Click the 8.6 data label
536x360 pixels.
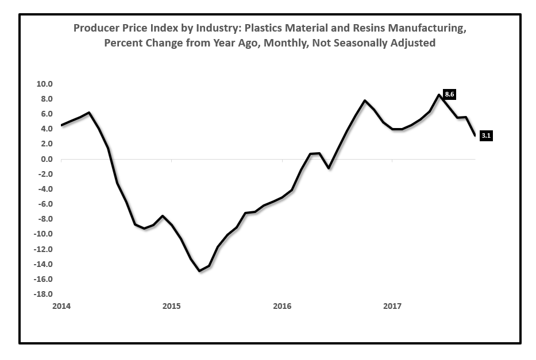[x=450, y=94]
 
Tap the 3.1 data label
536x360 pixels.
[x=486, y=136]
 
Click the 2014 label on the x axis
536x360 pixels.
[x=61, y=307]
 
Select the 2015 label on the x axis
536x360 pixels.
[x=171, y=307]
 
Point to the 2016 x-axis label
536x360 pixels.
[x=282, y=307]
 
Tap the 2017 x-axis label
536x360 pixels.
[x=392, y=307]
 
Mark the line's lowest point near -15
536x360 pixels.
[x=199, y=271]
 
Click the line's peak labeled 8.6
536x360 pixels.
[x=439, y=95]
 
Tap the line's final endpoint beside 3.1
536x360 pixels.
[x=475, y=136]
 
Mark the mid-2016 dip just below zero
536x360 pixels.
[x=328, y=168]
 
